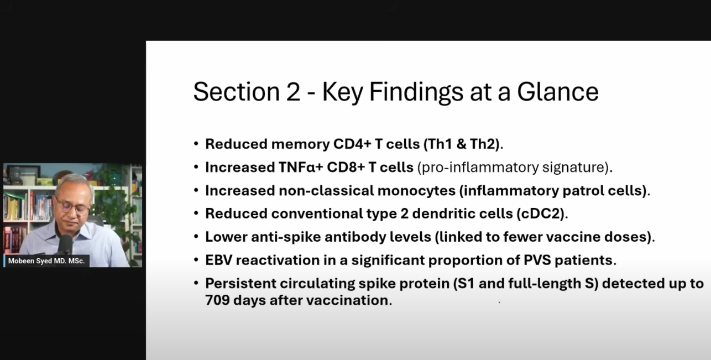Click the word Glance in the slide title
(x=558, y=92)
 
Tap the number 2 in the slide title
(x=293, y=92)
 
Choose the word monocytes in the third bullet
(x=416, y=191)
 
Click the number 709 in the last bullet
(x=217, y=300)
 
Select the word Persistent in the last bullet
(x=241, y=283)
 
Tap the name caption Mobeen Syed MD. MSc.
(x=46, y=261)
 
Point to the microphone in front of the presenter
(x=65, y=244)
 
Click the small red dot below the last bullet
(x=499, y=302)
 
